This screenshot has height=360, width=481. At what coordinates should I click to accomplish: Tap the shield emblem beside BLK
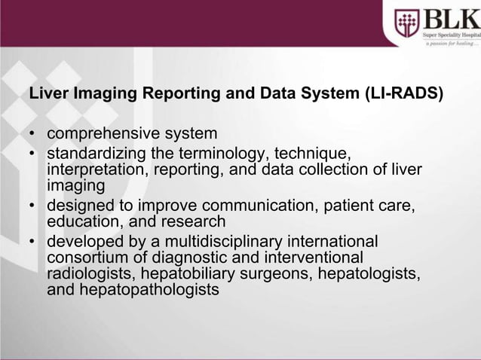[406, 23]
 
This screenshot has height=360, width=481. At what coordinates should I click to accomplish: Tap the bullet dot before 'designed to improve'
[33, 206]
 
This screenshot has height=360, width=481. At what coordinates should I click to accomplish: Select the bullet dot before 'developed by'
[33, 243]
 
